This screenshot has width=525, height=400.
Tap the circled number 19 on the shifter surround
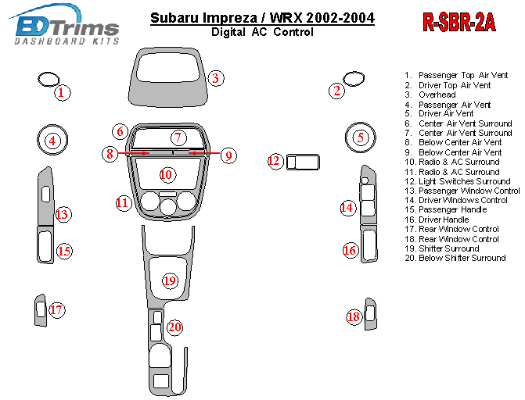click(170, 280)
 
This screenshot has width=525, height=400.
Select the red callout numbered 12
click(275, 161)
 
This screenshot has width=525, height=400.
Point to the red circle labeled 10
click(166, 174)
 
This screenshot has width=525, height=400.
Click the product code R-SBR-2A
click(459, 23)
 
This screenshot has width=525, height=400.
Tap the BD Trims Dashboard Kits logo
click(67, 28)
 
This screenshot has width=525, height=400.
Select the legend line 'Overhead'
click(437, 95)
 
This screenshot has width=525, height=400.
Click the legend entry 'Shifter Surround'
click(448, 248)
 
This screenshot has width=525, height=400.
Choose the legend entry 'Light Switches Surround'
click(458, 181)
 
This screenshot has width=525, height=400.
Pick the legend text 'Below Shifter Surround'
click(462, 258)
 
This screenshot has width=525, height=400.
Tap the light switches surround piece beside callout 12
click(304, 162)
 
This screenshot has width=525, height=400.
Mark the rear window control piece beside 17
click(39, 310)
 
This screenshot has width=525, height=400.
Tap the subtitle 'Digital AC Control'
click(262, 32)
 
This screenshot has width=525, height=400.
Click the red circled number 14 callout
click(347, 207)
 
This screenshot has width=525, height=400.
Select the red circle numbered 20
click(174, 327)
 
